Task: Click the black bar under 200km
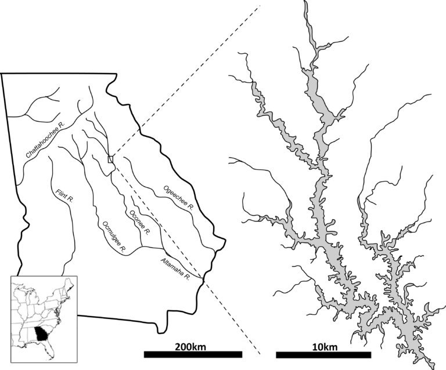point(192,354)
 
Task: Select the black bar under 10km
point(323,354)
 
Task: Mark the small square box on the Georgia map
point(111,159)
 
